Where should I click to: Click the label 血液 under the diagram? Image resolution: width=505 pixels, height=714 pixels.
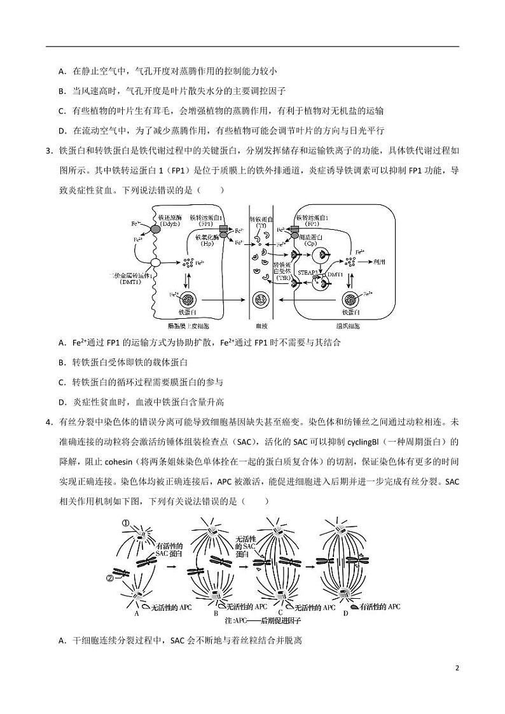(x=261, y=325)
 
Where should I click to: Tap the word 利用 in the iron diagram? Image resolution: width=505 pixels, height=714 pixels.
(x=380, y=262)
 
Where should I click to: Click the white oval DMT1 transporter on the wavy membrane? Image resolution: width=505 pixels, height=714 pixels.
(x=155, y=262)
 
